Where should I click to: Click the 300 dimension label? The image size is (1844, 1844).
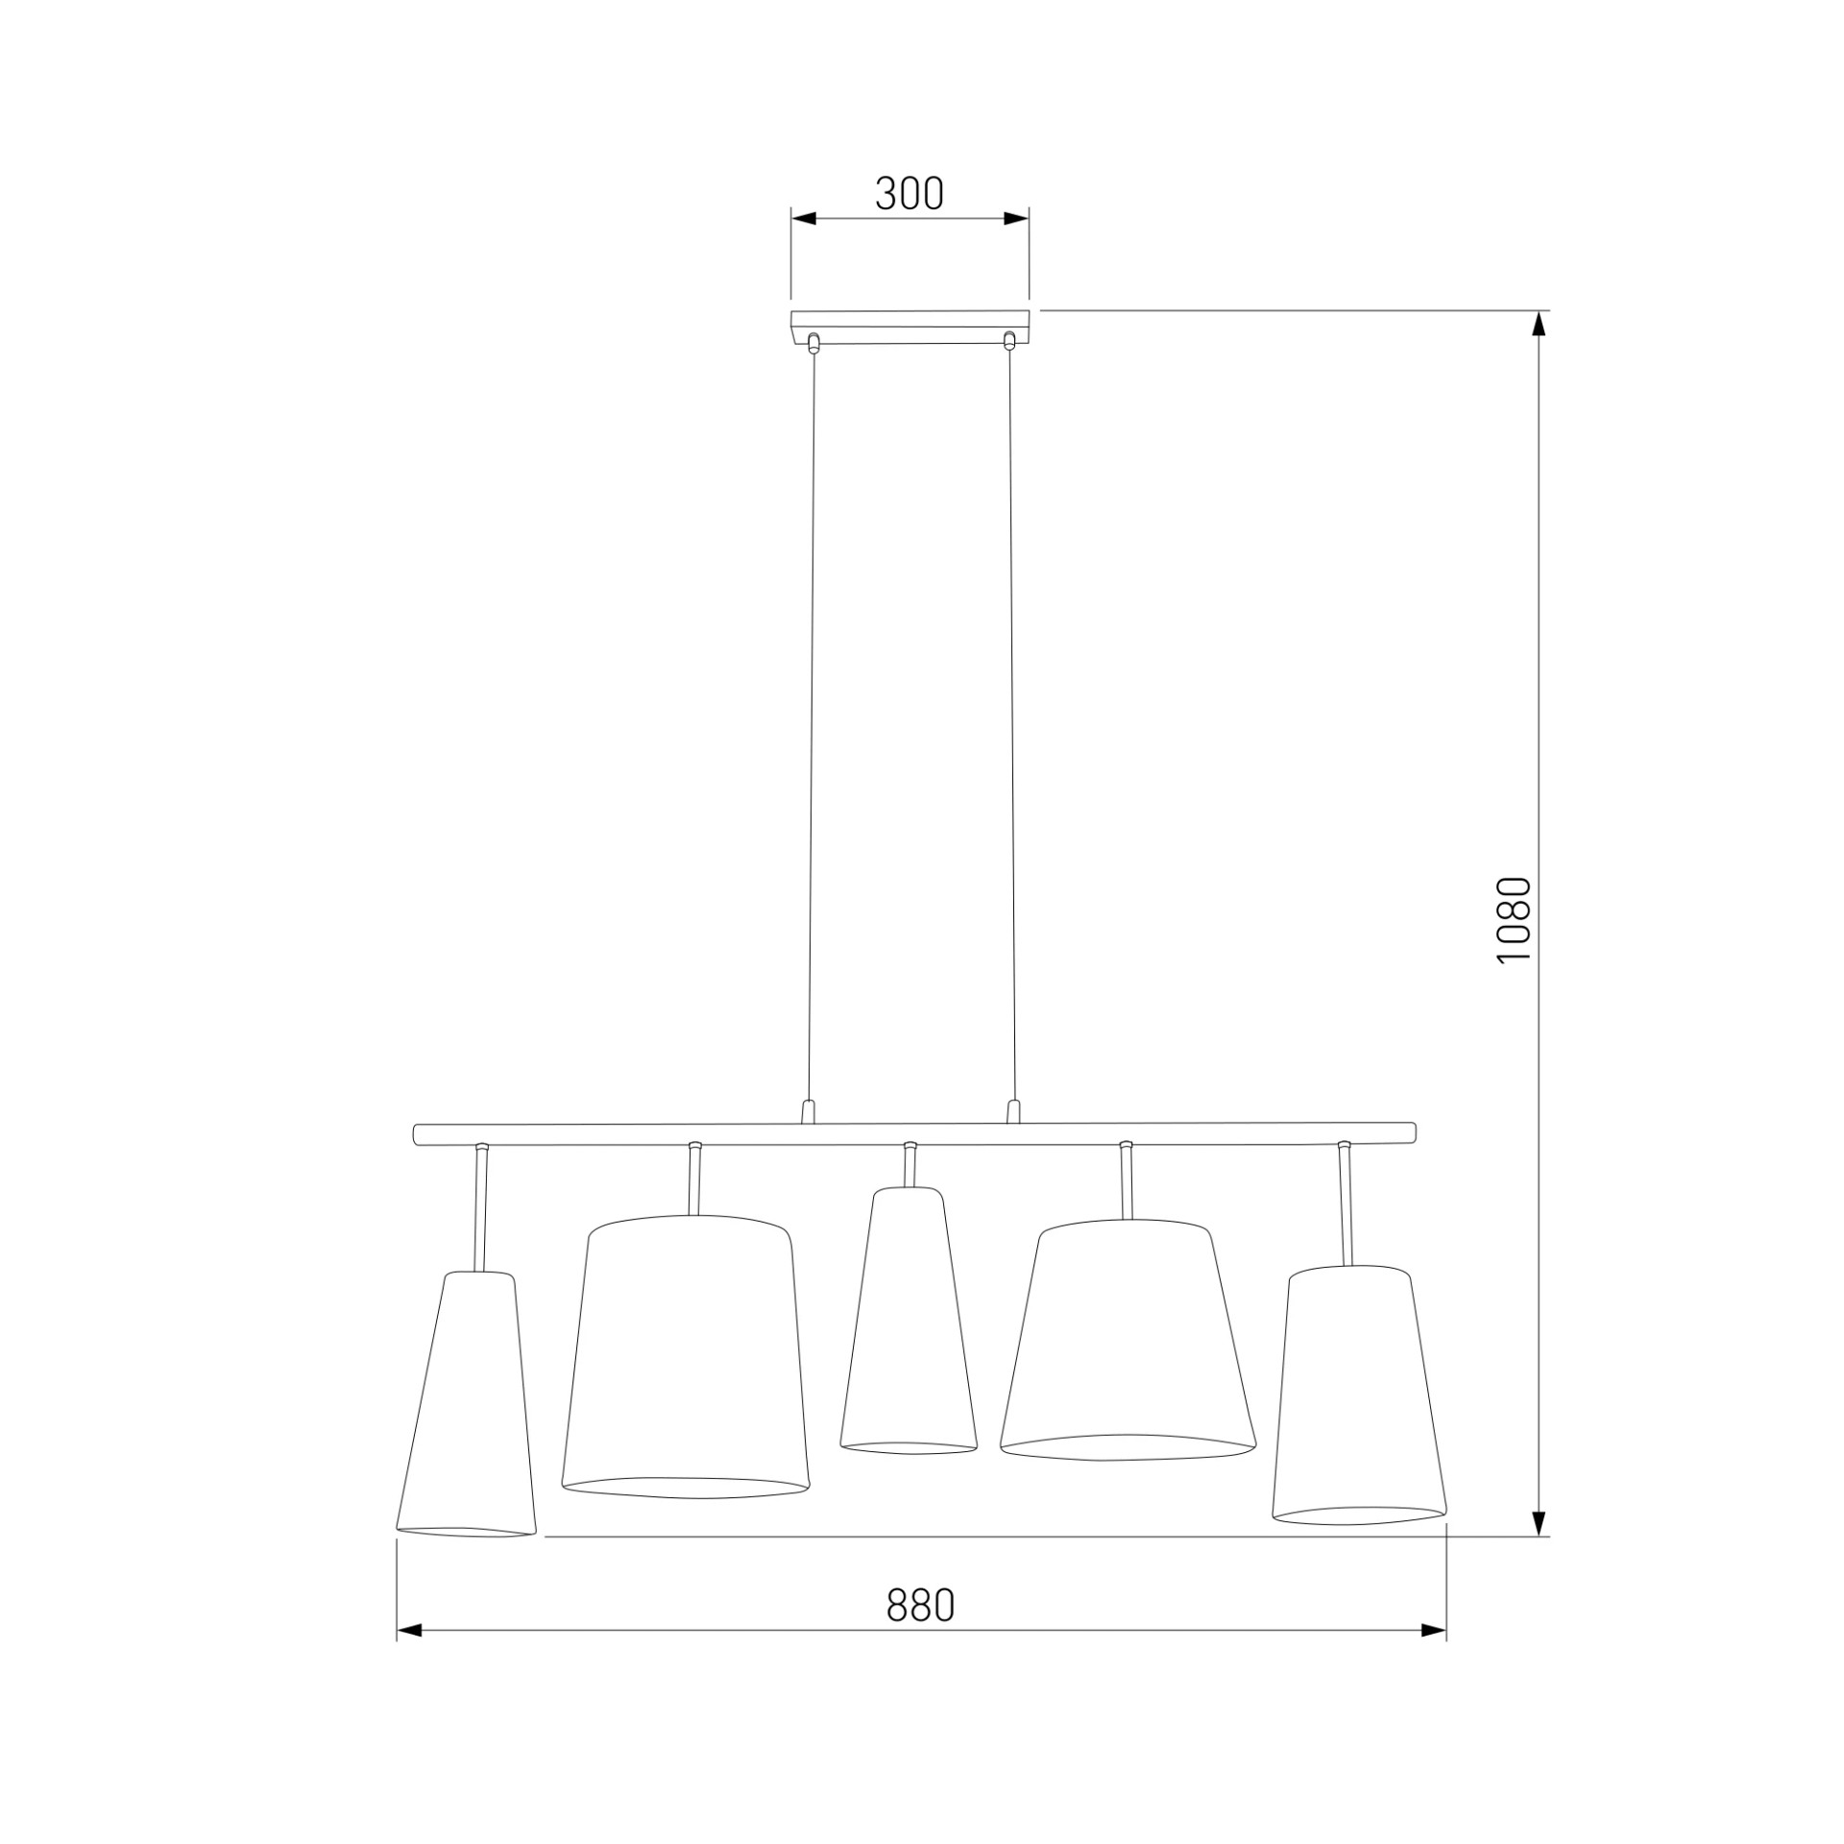pyautogui.click(x=910, y=194)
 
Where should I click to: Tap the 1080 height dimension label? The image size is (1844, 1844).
pyautogui.click(x=1514, y=921)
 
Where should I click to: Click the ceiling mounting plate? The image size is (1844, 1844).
pyautogui.click(x=910, y=327)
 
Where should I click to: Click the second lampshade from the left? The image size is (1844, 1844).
pyautogui.click(x=686, y=1371)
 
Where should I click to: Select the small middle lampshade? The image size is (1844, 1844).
pyautogui.click(x=909, y=1334)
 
